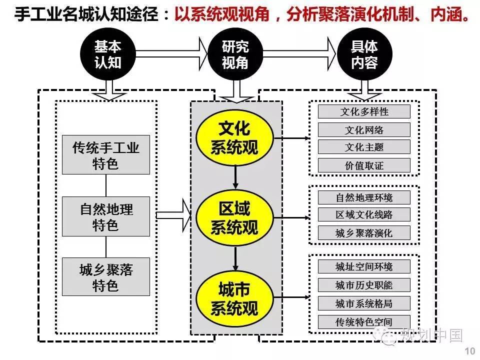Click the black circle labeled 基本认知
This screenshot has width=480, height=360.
[x=108, y=54]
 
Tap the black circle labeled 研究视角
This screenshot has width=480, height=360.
[x=235, y=54]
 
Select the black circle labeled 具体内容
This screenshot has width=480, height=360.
[x=364, y=54]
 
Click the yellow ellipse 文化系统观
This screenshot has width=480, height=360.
[x=235, y=138]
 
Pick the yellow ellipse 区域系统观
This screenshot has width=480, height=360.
[x=235, y=217]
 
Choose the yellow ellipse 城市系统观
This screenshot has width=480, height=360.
[x=235, y=298]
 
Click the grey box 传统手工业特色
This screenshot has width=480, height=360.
[x=106, y=155]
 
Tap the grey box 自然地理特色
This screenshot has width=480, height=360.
[x=106, y=216]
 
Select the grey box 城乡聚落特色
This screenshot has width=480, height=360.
[x=106, y=276]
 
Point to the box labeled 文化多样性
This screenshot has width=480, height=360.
[x=364, y=111]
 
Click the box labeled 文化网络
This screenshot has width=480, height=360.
[x=364, y=130]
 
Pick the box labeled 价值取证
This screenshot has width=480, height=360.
[x=364, y=165]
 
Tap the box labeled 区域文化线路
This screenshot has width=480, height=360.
[x=364, y=214]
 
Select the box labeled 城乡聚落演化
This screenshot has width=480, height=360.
[x=364, y=233]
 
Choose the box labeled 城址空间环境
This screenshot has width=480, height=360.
[x=364, y=266]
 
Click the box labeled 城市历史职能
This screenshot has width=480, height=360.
[x=364, y=285]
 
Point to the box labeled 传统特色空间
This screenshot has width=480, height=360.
[x=364, y=321]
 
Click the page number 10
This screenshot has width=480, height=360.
[x=470, y=351]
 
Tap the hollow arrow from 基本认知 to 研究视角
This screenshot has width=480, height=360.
[x=171, y=54]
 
